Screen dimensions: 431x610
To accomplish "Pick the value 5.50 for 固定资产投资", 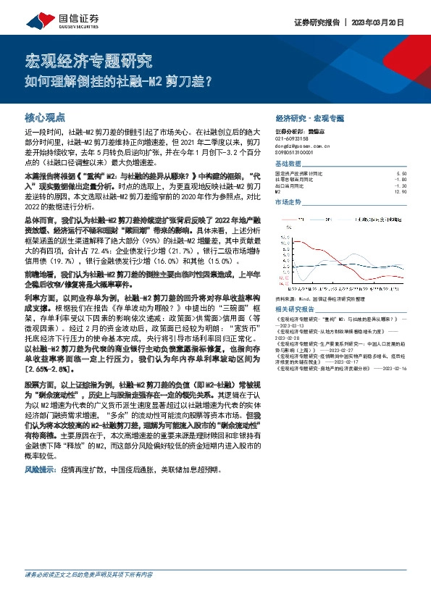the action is (401, 174).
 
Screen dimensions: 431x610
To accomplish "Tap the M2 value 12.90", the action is (401, 191).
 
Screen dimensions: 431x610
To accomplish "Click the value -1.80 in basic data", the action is (401, 180).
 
